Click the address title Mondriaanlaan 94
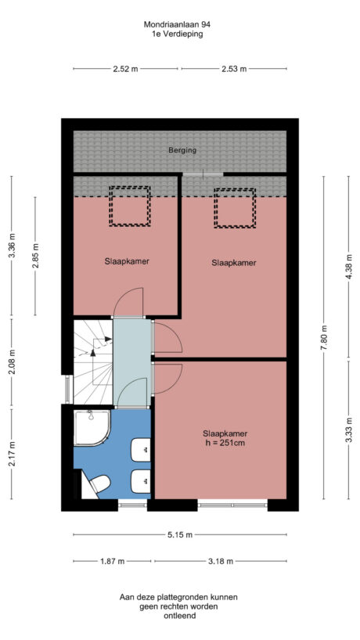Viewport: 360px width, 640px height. (x=178, y=24)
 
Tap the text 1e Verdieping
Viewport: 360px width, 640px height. (x=178, y=34)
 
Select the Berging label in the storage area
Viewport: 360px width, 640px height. (x=182, y=150)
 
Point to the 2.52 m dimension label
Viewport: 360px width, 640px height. (x=125, y=70)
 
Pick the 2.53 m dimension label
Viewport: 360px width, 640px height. (x=233, y=70)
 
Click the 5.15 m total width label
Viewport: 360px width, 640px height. (x=180, y=535)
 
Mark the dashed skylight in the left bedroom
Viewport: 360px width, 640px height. (x=129, y=206)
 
